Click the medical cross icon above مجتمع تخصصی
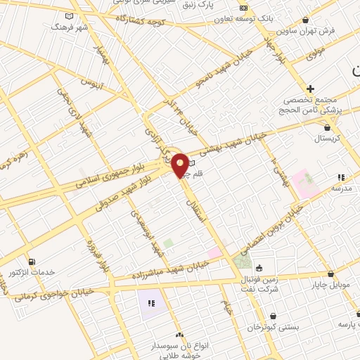tap(310, 89)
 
